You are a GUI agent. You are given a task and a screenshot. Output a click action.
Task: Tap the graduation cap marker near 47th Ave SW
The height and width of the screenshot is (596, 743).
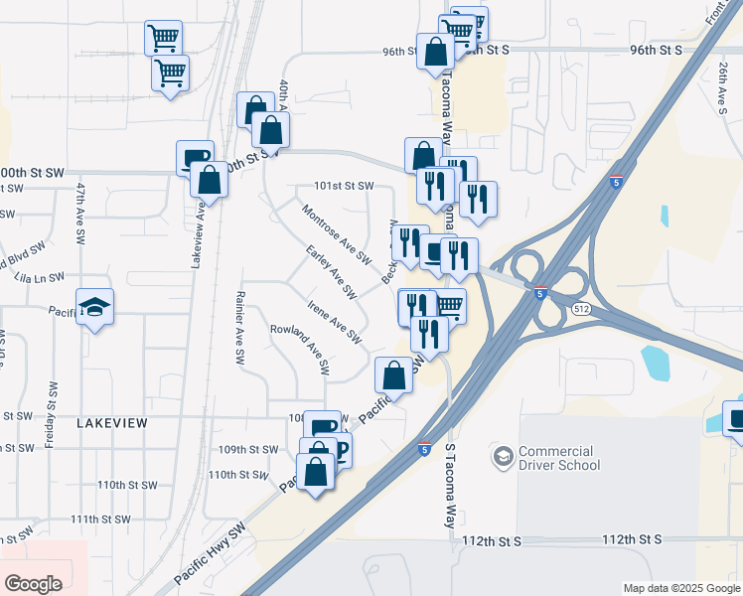[x=95, y=308]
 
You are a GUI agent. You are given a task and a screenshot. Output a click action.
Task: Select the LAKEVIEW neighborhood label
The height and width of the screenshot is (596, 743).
[x=111, y=423]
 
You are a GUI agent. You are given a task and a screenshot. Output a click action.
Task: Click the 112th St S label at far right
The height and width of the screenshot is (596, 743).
[x=632, y=539]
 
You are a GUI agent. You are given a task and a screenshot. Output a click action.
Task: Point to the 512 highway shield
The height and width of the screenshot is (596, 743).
[x=580, y=310]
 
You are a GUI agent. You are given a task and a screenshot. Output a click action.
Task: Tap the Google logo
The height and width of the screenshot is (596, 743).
[x=33, y=583]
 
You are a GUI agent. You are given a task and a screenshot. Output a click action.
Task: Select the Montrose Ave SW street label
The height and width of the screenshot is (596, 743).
[x=337, y=234]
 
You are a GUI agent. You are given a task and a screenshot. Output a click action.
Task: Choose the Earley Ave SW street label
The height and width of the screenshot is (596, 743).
[x=331, y=271]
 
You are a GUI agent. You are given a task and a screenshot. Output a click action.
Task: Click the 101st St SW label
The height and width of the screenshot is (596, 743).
[x=344, y=186]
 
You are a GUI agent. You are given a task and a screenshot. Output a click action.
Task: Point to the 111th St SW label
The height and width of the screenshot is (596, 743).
[x=100, y=519]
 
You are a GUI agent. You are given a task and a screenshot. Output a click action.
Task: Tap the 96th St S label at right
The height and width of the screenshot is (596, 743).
[x=655, y=50]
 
